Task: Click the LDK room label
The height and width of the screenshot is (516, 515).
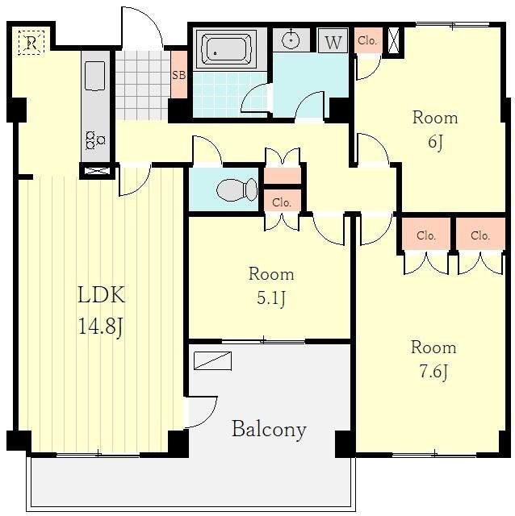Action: click(x=102, y=294)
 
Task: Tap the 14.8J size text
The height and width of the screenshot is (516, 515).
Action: click(x=101, y=327)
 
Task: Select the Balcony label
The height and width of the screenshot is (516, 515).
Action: click(x=269, y=430)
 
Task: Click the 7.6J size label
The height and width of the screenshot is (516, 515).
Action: click(x=433, y=372)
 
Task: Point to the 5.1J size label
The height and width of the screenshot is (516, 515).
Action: click(x=271, y=298)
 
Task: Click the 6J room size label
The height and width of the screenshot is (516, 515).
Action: click(x=435, y=142)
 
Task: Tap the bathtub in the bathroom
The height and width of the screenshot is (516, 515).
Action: click(x=226, y=49)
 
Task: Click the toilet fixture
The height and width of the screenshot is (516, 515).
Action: click(x=237, y=189)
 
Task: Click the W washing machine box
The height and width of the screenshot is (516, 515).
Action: click(x=333, y=41)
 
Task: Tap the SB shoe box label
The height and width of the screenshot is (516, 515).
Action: click(x=179, y=75)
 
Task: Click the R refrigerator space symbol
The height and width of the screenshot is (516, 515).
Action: click(x=31, y=43)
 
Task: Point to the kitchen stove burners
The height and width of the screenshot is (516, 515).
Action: click(x=94, y=139)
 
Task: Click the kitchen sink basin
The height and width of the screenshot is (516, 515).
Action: click(x=95, y=76)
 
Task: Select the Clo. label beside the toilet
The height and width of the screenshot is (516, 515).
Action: click(x=282, y=202)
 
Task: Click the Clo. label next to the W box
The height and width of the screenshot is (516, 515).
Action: click(x=367, y=40)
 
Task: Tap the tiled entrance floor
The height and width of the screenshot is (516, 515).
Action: click(x=143, y=85)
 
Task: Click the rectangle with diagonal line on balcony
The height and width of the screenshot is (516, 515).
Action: click(x=212, y=360)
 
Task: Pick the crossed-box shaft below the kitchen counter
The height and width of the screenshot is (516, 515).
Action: click(x=97, y=171)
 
